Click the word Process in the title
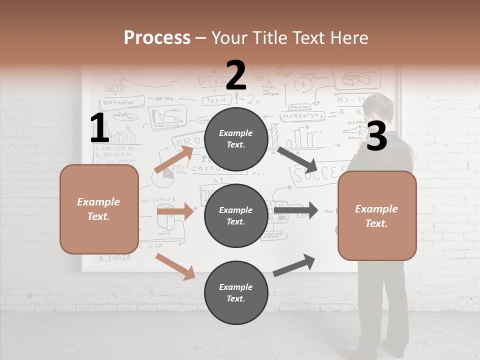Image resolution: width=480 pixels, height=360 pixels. [x=157, y=38]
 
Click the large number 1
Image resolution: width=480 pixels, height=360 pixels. [x=99, y=128]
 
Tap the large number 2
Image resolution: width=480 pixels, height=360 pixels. [x=236, y=75]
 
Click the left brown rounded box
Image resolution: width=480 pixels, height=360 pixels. [x=99, y=209]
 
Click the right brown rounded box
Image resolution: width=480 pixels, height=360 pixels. [x=377, y=215]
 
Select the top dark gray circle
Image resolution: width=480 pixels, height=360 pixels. [x=236, y=139]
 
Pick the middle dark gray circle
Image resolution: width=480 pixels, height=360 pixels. [x=236, y=215]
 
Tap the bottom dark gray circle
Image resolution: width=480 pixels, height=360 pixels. [x=236, y=292]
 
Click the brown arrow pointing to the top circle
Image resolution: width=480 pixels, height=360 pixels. [x=174, y=159]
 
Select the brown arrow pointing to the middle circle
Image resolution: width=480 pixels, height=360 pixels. [x=175, y=211]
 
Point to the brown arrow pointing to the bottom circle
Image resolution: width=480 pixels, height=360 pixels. [x=175, y=266]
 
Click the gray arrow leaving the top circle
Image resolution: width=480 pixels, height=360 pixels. [x=297, y=158]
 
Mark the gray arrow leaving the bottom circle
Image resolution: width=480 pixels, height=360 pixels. [x=294, y=265]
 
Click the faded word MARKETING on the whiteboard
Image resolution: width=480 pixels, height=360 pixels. [x=303, y=116]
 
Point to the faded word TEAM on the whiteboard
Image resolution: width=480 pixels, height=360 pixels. [x=216, y=100]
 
